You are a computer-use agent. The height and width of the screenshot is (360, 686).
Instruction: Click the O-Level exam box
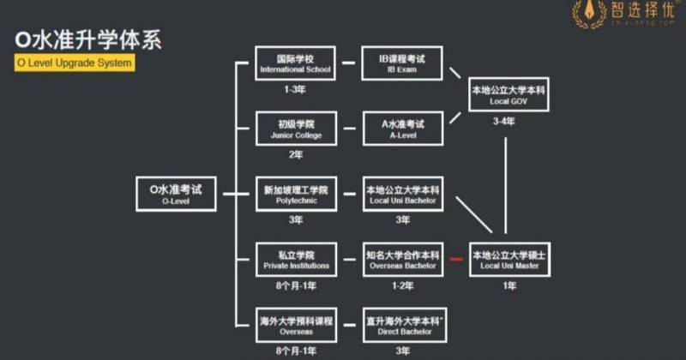click(x=175, y=195)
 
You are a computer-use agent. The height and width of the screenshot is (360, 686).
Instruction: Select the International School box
click(x=295, y=63)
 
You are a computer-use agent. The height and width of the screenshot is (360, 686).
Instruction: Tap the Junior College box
click(x=295, y=129)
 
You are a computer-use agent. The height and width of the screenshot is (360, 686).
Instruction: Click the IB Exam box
click(x=402, y=63)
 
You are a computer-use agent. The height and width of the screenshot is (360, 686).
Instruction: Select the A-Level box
click(x=402, y=129)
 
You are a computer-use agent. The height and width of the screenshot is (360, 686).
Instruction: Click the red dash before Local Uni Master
click(x=456, y=259)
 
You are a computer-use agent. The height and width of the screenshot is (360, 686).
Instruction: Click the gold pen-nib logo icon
click(x=590, y=14)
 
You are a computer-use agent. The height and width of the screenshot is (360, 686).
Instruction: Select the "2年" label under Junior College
click(x=295, y=154)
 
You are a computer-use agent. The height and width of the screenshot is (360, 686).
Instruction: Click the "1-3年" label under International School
click(x=295, y=89)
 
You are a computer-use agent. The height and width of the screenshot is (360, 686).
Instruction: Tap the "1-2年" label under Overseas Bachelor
click(x=402, y=285)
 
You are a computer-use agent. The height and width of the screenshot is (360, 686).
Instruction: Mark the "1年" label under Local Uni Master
click(x=508, y=285)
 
